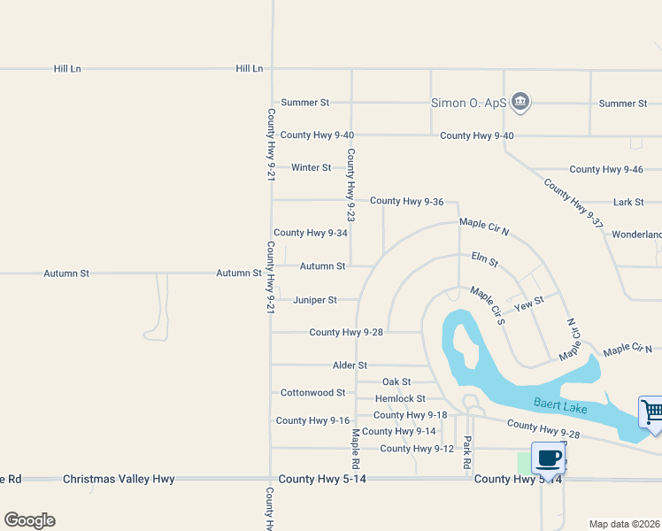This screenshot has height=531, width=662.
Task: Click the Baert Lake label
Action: pyautogui.click(x=561, y=404)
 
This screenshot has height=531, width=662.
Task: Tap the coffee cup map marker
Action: pyautogui.click(x=549, y=458)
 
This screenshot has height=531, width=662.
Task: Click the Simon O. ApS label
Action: pyautogui.click(x=468, y=103)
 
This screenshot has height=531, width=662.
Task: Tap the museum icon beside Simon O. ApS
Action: pyautogui.click(x=520, y=103)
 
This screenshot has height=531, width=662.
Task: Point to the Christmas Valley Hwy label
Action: pyautogui.click(x=119, y=479)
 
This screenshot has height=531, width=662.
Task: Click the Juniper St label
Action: pyautogui.click(x=315, y=300)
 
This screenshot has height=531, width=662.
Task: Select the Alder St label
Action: pyautogui.click(x=350, y=365)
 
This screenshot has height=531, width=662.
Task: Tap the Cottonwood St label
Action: pyautogui.click(x=312, y=392)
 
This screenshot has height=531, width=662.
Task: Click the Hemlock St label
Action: pyautogui.click(x=400, y=399)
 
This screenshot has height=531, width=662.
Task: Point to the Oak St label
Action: pyautogui.click(x=396, y=381)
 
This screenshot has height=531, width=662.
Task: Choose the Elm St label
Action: pyautogui.click(x=485, y=259)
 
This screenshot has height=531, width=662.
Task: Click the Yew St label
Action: pyautogui.click(x=529, y=303)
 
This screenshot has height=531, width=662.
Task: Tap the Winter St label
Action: pyautogui.click(x=311, y=167)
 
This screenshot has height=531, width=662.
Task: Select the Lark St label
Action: pyautogui.click(x=628, y=202)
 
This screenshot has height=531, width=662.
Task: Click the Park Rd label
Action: pyautogui.click(x=467, y=450)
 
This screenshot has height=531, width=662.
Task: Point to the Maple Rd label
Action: pyautogui.click(x=356, y=449)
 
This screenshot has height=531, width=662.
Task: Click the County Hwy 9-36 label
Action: pyautogui.click(x=406, y=202)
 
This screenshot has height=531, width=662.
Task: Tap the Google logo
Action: pyautogui.click(x=29, y=520)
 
